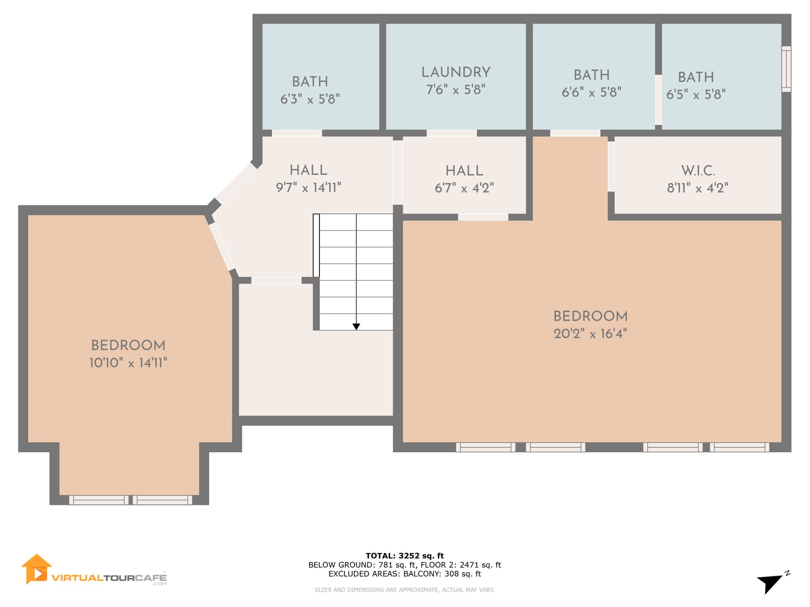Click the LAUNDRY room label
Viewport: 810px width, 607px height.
pyautogui.click(x=456, y=72)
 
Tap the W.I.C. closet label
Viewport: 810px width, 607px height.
pyautogui.click(x=698, y=171)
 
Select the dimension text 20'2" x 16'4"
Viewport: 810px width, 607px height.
pyautogui.click(x=590, y=334)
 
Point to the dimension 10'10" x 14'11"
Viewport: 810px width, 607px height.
pyautogui.click(x=128, y=363)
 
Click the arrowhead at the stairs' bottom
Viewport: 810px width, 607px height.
pyautogui.click(x=356, y=327)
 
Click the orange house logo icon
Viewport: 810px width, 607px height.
pyautogui.click(x=37, y=569)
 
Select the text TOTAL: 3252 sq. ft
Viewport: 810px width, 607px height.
pyautogui.click(x=405, y=556)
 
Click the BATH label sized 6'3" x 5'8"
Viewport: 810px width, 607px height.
pyautogui.click(x=310, y=81)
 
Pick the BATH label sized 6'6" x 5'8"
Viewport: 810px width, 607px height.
pyautogui.click(x=591, y=75)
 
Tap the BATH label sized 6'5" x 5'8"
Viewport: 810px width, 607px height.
pyautogui.click(x=696, y=77)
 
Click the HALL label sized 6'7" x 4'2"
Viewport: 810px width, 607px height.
pyautogui.click(x=464, y=171)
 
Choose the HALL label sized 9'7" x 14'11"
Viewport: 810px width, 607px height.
pyautogui.click(x=308, y=170)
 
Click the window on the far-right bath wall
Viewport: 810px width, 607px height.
pyautogui.click(x=786, y=69)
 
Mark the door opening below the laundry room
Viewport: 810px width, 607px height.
pyautogui.click(x=451, y=133)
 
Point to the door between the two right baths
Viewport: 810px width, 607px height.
pyautogui.click(x=658, y=100)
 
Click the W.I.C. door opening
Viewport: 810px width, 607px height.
pyautogui.click(x=611, y=167)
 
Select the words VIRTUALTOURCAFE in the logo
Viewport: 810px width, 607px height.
pyautogui.click(x=109, y=578)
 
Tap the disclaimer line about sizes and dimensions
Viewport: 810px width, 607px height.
pyautogui.click(x=405, y=590)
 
